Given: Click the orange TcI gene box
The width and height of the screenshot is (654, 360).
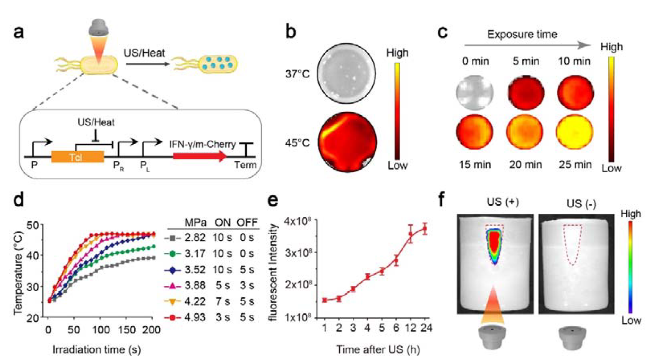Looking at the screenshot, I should click(77, 157).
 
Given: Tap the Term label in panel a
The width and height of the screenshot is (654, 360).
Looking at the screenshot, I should click(245, 165).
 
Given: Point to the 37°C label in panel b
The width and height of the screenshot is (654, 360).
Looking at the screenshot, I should click(297, 74).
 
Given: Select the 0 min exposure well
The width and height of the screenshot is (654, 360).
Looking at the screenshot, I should click(475, 92).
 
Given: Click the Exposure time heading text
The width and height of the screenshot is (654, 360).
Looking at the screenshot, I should click(522, 35).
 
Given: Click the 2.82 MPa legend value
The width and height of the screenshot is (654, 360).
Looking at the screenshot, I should click(195, 238).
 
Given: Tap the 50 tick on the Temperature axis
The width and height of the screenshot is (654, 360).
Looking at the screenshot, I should click(33, 225).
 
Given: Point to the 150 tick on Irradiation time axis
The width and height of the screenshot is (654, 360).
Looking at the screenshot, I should click(127, 330).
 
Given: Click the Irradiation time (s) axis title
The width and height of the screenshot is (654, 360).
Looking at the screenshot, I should click(96, 350).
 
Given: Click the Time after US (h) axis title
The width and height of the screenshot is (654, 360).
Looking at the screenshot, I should click(378, 350).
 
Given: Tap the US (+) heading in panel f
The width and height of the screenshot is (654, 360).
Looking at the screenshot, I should click(503, 202).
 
